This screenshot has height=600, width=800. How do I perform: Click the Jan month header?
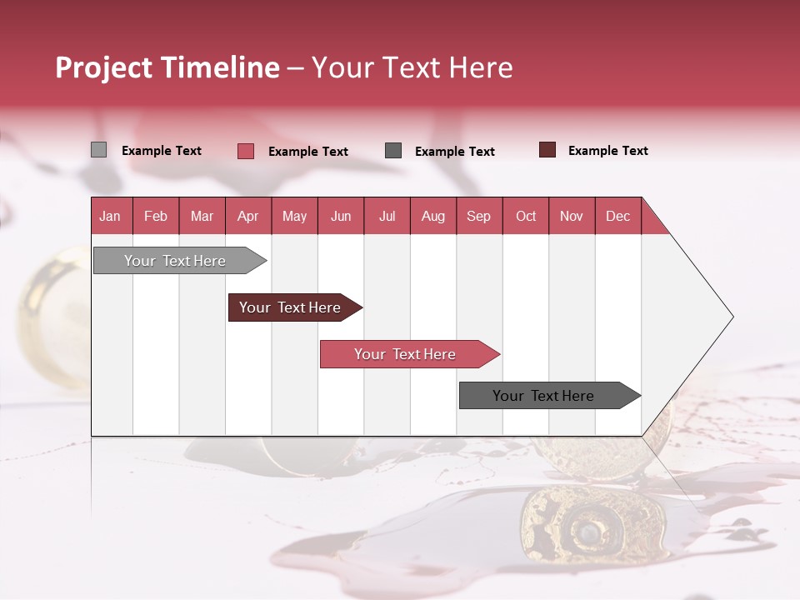[111, 216]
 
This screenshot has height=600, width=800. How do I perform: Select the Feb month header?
[156, 216]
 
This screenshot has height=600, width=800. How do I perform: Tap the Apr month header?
[247, 216]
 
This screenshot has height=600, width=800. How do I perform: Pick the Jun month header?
[341, 216]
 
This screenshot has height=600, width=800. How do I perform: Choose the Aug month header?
[432, 216]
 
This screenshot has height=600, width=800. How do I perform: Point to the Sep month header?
[478, 216]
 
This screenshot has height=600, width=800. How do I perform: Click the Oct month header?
[526, 216]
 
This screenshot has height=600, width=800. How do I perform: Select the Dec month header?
[617, 216]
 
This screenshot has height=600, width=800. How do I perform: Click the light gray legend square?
[99, 150]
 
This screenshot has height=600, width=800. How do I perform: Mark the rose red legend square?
[246, 151]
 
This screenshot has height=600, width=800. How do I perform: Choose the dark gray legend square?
[393, 151]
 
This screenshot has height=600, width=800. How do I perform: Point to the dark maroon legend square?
[547, 150]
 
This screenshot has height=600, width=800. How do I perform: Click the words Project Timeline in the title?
[167, 67]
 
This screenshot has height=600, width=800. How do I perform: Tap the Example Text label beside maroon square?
[607, 151]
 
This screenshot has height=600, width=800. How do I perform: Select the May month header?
[294, 216]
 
